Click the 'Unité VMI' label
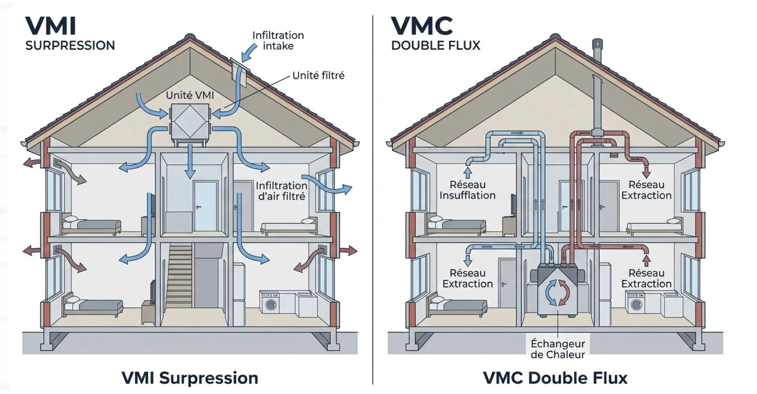190,96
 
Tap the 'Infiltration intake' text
278,41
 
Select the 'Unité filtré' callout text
318,75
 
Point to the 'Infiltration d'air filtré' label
281,191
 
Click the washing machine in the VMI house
270,303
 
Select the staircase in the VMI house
179,274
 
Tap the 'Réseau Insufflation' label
467,190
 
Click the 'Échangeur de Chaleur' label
558,349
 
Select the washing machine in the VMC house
636,304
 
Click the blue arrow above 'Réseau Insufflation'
468,172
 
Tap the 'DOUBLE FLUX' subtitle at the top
436,46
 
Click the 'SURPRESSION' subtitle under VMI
70,46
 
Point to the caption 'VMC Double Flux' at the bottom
555,378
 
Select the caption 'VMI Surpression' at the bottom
190,378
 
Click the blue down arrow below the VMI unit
190,162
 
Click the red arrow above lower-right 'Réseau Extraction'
646,261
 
